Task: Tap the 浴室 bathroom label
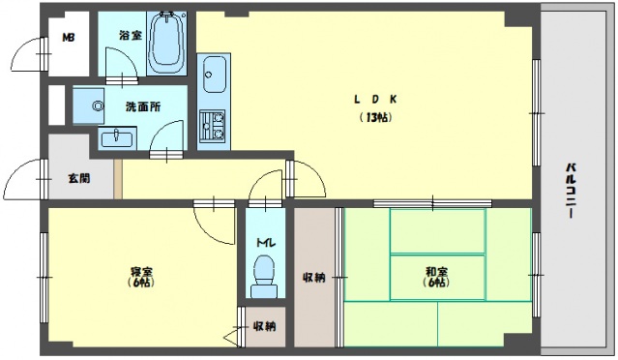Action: point(129,35)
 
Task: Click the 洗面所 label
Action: point(140,105)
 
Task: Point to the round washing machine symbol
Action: point(98,105)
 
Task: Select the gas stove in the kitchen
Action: point(212,125)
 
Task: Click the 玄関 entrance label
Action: point(78,178)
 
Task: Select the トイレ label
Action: point(264,243)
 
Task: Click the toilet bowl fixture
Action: point(262,282)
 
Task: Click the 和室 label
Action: point(434,271)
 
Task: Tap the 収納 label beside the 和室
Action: point(313,277)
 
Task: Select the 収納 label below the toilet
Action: point(264,326)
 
